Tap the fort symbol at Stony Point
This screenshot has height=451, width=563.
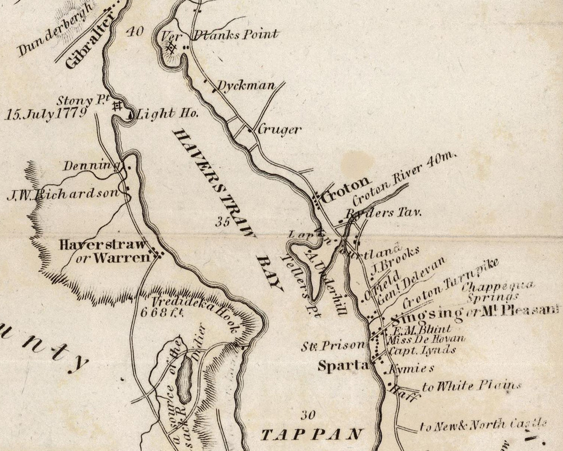[x=118, y=105]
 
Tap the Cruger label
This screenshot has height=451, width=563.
[x=279, y=129]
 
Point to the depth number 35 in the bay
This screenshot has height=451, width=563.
[x=223, y=222]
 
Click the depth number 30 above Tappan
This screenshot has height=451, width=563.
[x=307, y=415]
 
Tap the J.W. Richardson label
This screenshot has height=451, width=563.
[x=62, y=195]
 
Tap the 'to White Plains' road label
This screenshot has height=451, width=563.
[x=471, y=386]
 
